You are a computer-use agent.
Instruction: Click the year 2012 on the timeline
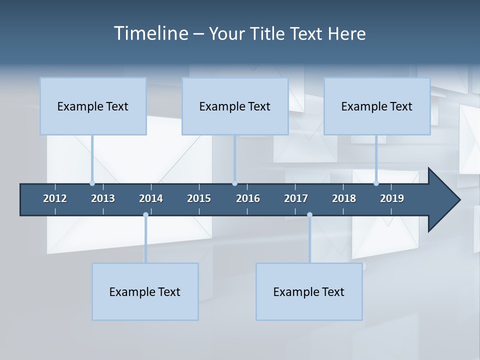(55, 198)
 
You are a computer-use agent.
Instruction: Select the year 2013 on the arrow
(103, 198)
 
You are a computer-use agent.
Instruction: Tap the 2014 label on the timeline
(151, 198)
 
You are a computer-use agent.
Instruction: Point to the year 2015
(199, 198)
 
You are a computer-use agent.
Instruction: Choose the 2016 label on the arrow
(248, 198)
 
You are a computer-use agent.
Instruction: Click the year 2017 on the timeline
(296, 198)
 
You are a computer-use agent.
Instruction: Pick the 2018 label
(344, 198)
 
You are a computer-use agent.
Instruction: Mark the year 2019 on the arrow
(392, 198)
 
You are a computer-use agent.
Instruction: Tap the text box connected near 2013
(93, 106)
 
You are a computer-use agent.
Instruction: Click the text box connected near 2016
(235, 106)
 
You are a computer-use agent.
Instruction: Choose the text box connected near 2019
(377, 106)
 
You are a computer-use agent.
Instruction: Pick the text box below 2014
(145, 292)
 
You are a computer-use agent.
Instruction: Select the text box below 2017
(309, 292)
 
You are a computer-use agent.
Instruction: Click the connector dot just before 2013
(92, 183)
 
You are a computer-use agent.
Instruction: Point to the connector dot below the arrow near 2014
(145, 215)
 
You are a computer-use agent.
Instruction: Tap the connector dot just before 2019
(376, 183)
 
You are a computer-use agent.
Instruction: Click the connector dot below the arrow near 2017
(309, 215)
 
